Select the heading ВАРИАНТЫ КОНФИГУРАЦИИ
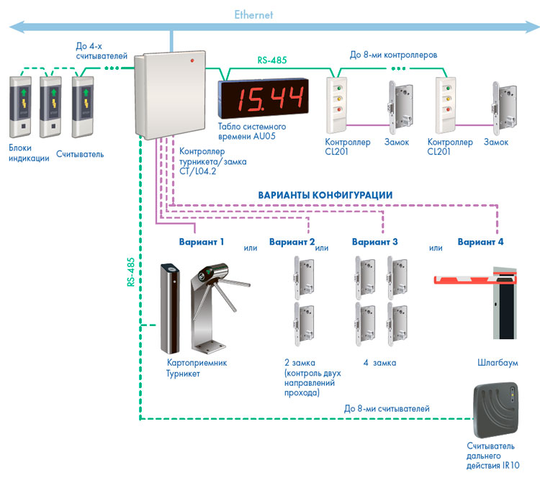click(x=325, y=195)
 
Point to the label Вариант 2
click(x=292, y=242)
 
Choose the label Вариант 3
click(x=374, y=242)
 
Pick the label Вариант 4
click(x=480, y=242)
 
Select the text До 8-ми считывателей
click(x=387, y=409)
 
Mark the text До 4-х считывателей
click(x=102, y=50)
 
